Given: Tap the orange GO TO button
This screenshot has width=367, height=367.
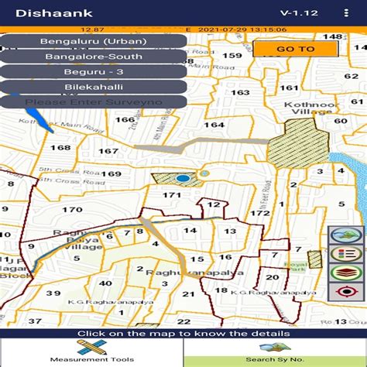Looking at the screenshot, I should pyautogui.click(x=295, y=49).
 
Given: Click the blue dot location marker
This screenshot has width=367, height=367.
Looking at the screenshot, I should pyautogui.click(x=183, y=179).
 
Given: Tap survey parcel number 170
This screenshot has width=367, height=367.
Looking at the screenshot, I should pyautogui.click(x=72, y=209).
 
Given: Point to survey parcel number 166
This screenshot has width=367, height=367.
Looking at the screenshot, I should pyautogui.click(x=125, y=119).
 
